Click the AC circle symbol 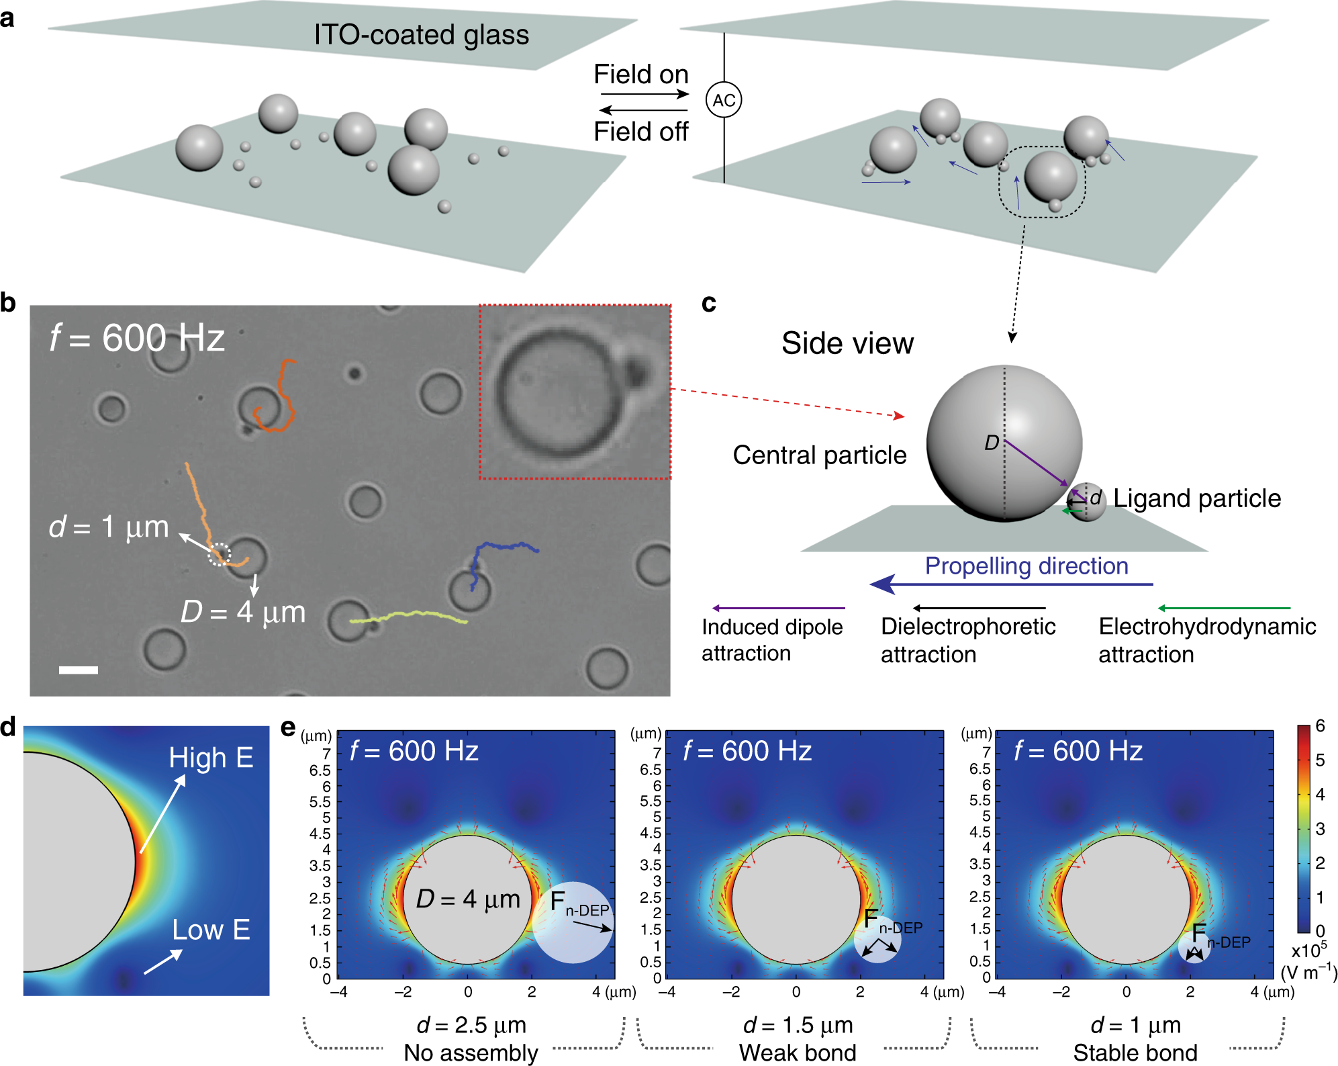tap(724, 100)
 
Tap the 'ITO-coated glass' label tap(421, 34)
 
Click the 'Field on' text tap(640, 74)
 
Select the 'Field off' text tap(640, 132)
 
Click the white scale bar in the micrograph tap(79, 670)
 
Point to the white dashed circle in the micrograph tap(219, 555)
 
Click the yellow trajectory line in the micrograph tap(410, 616)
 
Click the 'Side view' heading tap(847, 343)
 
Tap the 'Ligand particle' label tap(1197, 498)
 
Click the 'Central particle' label tap(819, 455)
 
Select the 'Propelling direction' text tap(1026, 566)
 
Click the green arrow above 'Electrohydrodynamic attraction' tap(1224, 608)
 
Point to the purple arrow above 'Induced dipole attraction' tap(778, 608)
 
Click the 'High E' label tap(211, 758)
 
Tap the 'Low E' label tap(211, 930)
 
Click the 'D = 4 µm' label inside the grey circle tap(468, 899)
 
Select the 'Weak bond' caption tap(798, 1052)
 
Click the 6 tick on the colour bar tap(1320, 725)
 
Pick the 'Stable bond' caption tap(1135, 1052)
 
